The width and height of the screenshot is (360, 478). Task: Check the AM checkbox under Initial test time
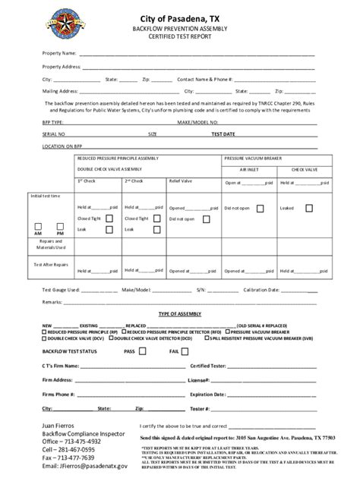click(39, 226)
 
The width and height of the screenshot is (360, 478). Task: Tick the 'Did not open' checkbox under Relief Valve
click(207, 219)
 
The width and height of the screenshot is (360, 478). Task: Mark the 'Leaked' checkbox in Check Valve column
click(308, 207)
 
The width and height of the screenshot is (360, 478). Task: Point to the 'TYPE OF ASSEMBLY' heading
click(179, 313)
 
